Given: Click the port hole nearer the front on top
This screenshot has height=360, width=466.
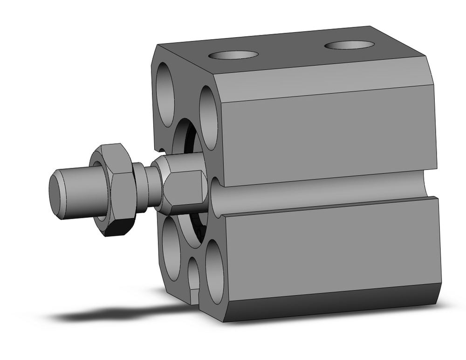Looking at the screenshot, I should tap(233, 55).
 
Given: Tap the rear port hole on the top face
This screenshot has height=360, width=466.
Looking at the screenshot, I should tap(349, 45).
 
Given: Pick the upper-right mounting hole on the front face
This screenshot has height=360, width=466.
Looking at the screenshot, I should tap(208, 118).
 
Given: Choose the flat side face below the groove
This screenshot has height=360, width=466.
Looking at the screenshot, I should tap(326, 247).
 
